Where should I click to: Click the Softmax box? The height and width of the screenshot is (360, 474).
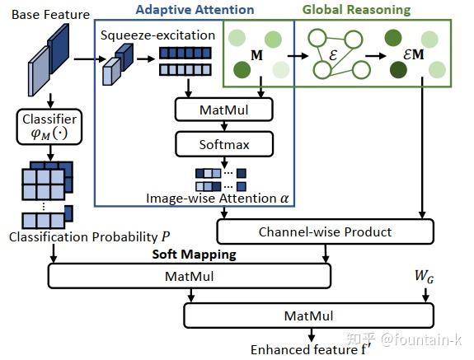point(223,145)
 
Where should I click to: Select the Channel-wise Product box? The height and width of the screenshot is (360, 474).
point(325,231)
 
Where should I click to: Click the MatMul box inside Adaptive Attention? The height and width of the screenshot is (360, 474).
point(223,109)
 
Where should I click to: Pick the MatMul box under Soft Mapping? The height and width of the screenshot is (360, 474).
point(190,275)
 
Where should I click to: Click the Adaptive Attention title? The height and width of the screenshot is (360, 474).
point(195,10)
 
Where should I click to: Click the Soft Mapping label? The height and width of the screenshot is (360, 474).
point(195,254)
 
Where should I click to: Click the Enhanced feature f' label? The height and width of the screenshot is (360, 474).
point(310,349)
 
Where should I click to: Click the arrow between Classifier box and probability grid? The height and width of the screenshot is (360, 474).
point(50,153)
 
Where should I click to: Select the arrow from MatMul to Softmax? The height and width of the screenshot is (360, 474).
point(223,127)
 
